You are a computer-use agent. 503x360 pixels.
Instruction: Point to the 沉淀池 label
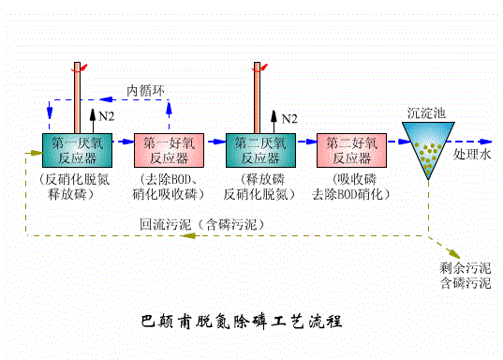pyautogui.click(x=426, y=112)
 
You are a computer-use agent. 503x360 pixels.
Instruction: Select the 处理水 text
pyautogui.click(x=471, y=153)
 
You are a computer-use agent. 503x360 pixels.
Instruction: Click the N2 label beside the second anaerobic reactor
pyautogui.click(x=289, y=118)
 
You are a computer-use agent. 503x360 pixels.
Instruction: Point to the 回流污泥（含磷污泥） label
pyautogui.click(x=202, y=225)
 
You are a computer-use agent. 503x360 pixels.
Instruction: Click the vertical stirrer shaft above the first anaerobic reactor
pyautogui.click(x=77, y=98)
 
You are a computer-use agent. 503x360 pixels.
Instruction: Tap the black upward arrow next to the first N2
pyautogui.click(x=93, y=118)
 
